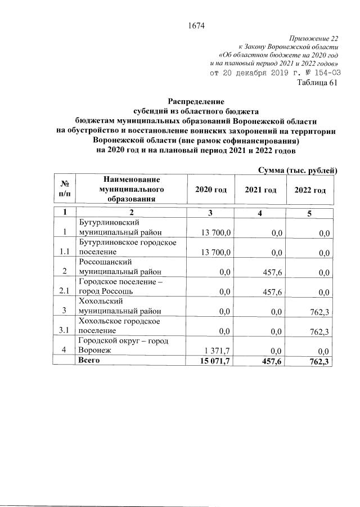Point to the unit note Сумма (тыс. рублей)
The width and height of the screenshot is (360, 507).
pos(297,170)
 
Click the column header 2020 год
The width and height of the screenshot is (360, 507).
pos(210,190)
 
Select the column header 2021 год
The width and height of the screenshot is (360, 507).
pos(260,190)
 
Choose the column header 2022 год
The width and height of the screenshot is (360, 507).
pos(310,190)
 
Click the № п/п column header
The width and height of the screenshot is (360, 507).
pos(64,190)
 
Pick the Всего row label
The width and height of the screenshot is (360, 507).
pos(89,360)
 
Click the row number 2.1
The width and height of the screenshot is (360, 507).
pos(64,291)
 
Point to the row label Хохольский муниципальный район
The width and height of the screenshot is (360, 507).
pos(120,306)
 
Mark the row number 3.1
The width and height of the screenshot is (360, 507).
pos(64,330)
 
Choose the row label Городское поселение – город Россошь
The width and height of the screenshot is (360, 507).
pos(120,286)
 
